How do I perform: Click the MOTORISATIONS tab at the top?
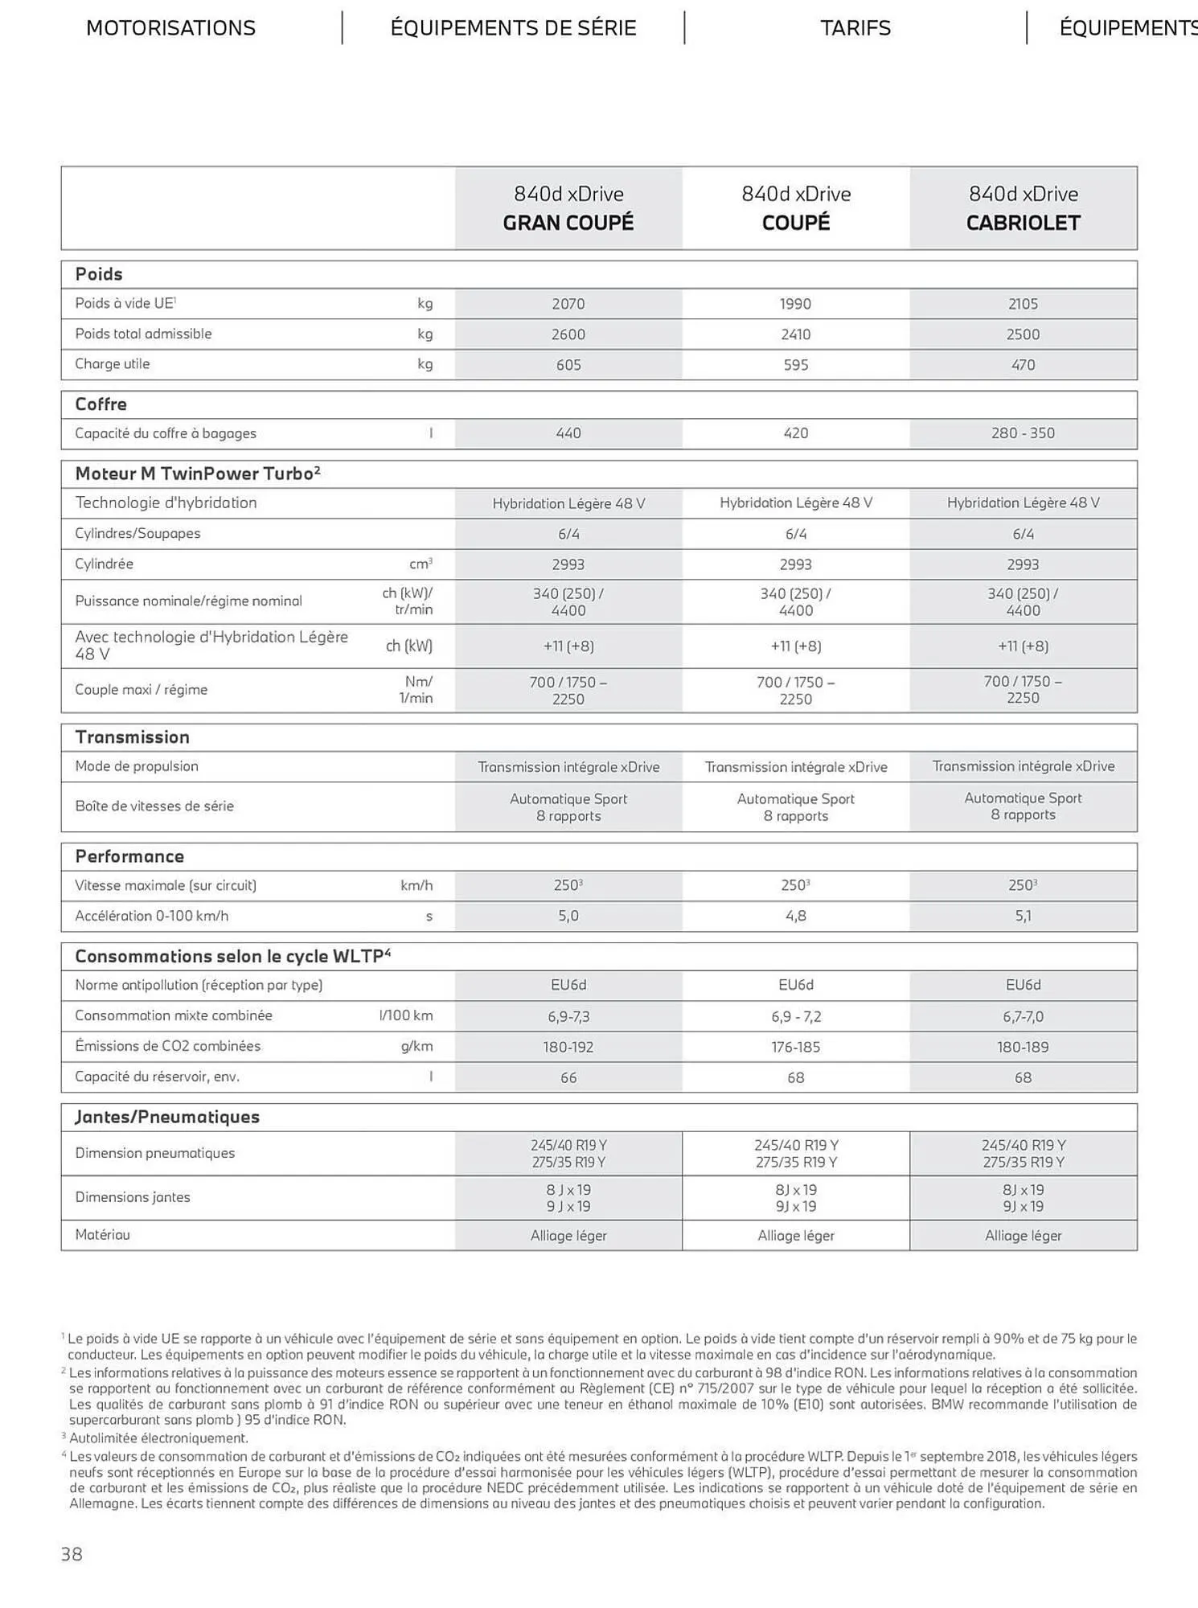coord(170,28)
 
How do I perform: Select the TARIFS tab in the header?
coord(855,28)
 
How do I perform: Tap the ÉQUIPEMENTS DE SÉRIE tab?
coord(513,28)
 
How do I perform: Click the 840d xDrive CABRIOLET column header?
coord(1023,208)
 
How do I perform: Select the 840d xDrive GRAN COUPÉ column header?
coord(568,208)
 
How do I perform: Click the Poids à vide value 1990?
coord(795,304)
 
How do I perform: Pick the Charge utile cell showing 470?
coord(1023,365)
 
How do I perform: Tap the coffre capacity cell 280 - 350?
coord(1023,433)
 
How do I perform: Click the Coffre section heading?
coord(101,404)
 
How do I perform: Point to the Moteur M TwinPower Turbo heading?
coord(197,474)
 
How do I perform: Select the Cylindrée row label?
coord(104,564)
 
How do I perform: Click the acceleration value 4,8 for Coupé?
coord(795,916)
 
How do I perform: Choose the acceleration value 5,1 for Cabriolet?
coord(1023,916)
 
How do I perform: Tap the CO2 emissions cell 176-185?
coord(795,1047)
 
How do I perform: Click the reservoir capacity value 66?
coord(568,1077)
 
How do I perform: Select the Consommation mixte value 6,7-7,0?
coord(1023,1016)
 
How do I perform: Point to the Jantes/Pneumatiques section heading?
coord(167,1117)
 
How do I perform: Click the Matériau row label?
coord(102,1234)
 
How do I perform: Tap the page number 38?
coord(72,1554)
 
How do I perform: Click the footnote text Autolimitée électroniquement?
coord(158,1438)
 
